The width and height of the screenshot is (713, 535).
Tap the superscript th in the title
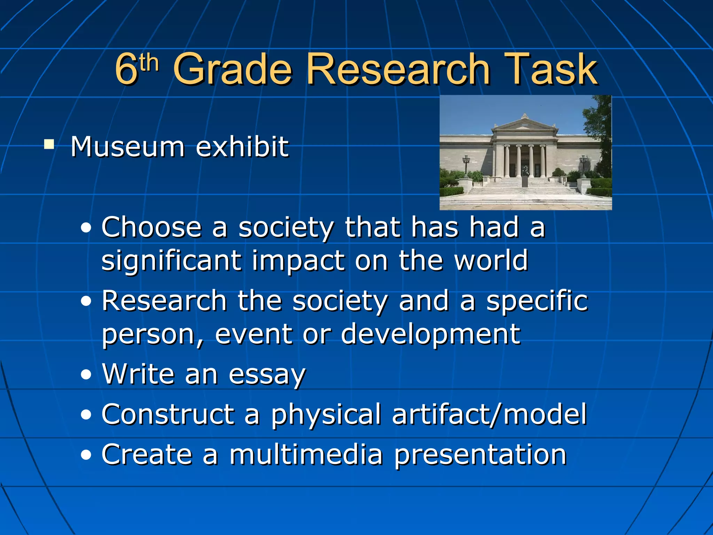148,63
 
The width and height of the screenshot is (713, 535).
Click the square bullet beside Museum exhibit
49,144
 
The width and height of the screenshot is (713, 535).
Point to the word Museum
127,147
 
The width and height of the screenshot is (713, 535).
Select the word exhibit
242,147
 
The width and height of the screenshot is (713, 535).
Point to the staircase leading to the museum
525,190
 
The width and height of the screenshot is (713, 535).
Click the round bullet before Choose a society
86,228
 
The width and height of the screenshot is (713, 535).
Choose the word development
430,334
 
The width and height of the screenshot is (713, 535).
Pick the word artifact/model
489,414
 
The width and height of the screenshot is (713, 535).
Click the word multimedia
306,455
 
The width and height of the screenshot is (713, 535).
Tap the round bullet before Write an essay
86,375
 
